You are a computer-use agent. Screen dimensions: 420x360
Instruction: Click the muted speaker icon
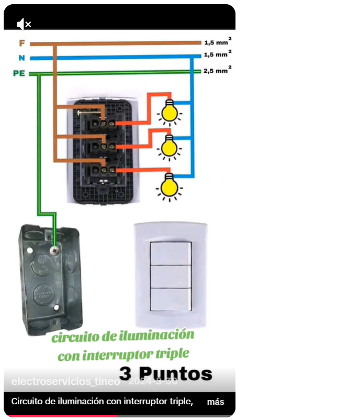click(x=24, y=24)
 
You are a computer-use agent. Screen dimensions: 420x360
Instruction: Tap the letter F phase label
click(x=21, y=43)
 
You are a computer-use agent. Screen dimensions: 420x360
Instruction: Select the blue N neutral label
click(x=21, y=58)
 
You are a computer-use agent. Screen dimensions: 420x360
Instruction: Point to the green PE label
click(x=19, y=73)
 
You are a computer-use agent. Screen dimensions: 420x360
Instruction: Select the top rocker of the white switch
click(x=171, y=253)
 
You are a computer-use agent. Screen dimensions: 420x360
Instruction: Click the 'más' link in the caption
click(x=216, y=402)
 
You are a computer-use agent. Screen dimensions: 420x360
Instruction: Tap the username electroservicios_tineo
click(x=65, y=382)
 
